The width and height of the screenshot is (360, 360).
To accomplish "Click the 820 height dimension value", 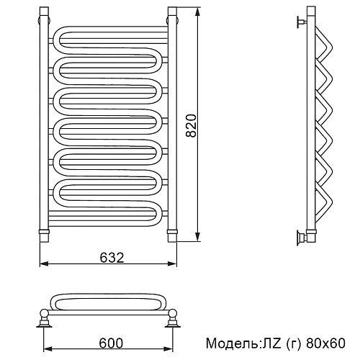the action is pos(192,125).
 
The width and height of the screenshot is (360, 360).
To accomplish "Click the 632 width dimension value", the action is pos(112,258).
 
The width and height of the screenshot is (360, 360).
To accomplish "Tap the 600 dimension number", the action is pos(111,343).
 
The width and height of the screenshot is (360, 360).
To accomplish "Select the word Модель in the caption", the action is pos(232,343).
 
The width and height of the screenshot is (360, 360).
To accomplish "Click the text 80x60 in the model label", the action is pos(325,343).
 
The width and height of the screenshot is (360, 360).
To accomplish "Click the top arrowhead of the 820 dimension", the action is pos(197,12).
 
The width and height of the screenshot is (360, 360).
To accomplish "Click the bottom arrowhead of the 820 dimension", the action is pos(197,237).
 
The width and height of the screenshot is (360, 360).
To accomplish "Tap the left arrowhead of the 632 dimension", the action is pos(45,264).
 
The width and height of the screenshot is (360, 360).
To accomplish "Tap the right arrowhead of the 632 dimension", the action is pos(172,264).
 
